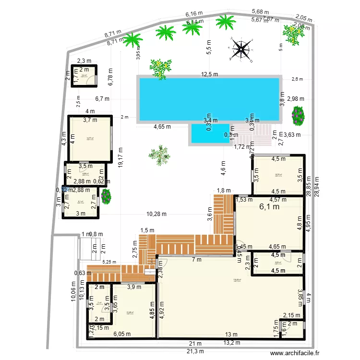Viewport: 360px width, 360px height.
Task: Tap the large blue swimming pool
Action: (x=209, y=99)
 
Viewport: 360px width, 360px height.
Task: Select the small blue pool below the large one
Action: (x=210, y=133)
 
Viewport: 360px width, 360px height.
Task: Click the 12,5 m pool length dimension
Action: (x=209, y=74)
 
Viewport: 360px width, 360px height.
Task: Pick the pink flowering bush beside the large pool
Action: (x=298, y=114)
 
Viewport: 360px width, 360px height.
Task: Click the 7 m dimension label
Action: (x=197, y=260)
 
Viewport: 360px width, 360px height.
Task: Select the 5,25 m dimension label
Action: (x=109, y=262)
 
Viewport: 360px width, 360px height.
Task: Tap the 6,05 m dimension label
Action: (x=121, y=335)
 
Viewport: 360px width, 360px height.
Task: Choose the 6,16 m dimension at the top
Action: (x=194, y=15)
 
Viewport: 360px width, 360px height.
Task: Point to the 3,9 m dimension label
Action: (x=134, y=287)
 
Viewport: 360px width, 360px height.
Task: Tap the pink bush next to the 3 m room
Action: (x=106, y=195)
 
